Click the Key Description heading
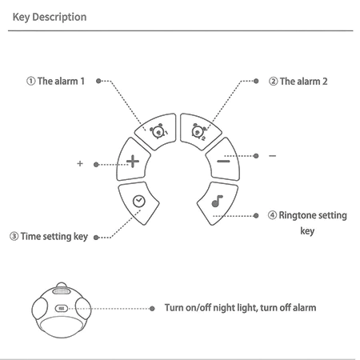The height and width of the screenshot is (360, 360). tap(50, 17)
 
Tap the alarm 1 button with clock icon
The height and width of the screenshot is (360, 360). tap(158, 131)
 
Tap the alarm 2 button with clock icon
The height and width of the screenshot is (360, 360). tap(199, 131)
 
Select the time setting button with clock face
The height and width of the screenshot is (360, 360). tap(138, 202)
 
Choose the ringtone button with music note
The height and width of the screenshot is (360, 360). tap(217, 202)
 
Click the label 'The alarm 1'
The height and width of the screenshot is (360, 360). tap(61, 81)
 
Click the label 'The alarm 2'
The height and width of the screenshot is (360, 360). tap(304, 82)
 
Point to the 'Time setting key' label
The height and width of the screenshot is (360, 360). tap(54, 237)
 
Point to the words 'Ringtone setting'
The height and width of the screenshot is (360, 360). tap(313, 215)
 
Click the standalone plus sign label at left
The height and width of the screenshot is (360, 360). tap(80, 163)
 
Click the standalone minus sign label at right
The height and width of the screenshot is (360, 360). tap(272, 156)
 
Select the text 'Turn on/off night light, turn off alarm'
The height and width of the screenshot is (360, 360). tap(240, 308)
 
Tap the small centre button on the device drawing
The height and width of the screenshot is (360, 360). tap(62, 309)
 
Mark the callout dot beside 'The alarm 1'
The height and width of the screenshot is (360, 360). tap(98, 81)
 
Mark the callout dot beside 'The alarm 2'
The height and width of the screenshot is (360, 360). tap(256, 81)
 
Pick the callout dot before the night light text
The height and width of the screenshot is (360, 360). tap(152, 309)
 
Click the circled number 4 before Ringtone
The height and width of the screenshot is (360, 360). tap(272, 215)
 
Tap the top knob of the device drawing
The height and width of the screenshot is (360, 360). tap(62, 285)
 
